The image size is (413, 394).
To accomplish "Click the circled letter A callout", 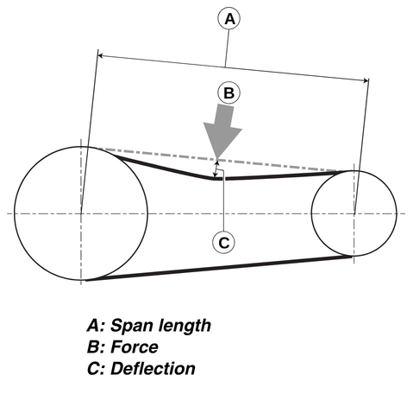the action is click(228, 19).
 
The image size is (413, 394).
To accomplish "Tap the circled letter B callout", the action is click(228, 93).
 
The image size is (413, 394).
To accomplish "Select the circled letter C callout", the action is click(224, 243).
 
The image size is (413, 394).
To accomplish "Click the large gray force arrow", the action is click(222, 131).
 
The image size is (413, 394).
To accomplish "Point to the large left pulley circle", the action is click(15, 213).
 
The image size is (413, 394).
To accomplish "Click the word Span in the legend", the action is click(130, 326).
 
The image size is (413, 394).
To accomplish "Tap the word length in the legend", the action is click(185, 326).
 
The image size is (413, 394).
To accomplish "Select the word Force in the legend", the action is click(135, 346).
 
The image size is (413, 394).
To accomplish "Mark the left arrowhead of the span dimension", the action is click(100, 55).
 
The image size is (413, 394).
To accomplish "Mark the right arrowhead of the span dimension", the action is click(366, 80).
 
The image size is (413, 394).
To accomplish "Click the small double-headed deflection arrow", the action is click(216, 168).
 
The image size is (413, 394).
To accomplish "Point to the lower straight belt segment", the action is click(219, 269).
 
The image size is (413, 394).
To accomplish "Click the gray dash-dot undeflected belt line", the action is click(218, 159).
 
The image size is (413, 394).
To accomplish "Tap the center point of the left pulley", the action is click(81, 213).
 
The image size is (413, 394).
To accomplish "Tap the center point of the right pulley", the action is click(354, 213).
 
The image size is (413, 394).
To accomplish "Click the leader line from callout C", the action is click(223, 201).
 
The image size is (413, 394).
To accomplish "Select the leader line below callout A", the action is click(227, 48).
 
